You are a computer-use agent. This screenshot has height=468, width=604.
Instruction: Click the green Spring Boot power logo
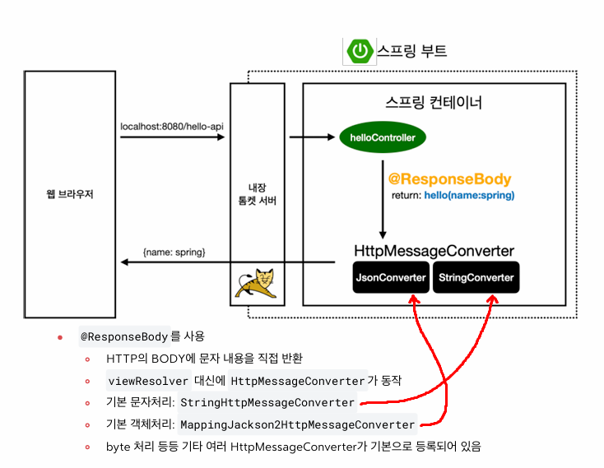click(x=360, y=51)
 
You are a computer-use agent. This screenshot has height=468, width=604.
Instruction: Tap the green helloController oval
click(x=382, y=137)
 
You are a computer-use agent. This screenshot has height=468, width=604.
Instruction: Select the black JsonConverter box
click(x=391, y=277)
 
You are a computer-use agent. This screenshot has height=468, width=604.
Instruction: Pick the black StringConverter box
click(x=476, y=277)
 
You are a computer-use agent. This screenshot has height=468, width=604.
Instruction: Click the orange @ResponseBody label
click(x=449, y=179)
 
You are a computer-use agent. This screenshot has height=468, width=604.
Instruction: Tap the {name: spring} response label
click(x=174, y=251)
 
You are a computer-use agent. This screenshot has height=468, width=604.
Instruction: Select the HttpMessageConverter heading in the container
click(x=434, y=251)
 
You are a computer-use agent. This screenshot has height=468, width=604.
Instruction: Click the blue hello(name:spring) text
click(x=469, y=196)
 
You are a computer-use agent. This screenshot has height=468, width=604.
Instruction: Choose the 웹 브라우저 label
click(x=69, y=194)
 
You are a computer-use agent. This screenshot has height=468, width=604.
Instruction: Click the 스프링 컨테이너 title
click(x=434, y=104)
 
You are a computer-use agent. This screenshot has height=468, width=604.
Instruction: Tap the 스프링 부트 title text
click(x=412, y=51)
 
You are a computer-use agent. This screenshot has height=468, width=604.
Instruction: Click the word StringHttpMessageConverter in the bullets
click(x=267, y=403)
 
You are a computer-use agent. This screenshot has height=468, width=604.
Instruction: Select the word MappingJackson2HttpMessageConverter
click(x=297, y=425)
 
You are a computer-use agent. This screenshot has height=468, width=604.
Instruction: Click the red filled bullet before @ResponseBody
click(x=60, y=338)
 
